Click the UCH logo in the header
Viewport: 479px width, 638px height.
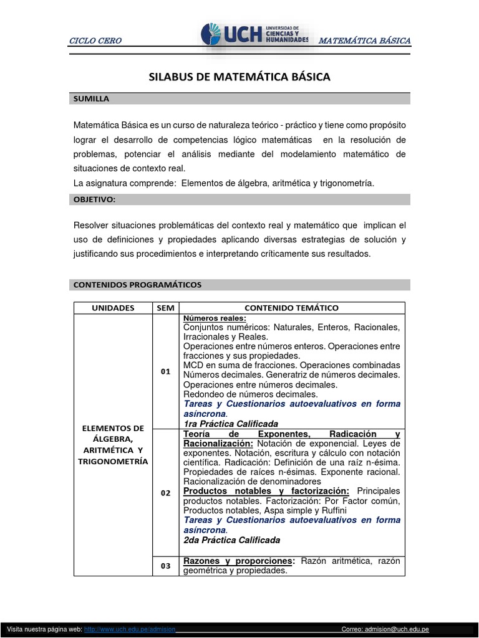254,36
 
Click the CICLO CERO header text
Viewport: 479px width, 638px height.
95,41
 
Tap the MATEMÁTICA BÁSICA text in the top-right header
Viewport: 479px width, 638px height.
364,41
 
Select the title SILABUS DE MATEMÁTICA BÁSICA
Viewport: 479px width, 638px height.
239,77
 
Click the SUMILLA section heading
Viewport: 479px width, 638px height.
92,99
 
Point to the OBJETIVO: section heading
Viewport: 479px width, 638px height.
95,199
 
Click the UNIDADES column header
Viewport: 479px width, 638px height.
113,308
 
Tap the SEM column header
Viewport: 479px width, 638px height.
165,308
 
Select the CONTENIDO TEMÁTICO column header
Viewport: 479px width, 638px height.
291,308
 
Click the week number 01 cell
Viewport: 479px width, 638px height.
165,371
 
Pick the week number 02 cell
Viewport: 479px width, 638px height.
165,492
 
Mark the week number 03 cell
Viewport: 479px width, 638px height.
165,566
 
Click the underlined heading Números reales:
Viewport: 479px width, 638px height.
215,318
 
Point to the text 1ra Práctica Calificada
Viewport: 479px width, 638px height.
230,424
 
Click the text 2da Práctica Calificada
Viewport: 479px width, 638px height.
231,540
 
